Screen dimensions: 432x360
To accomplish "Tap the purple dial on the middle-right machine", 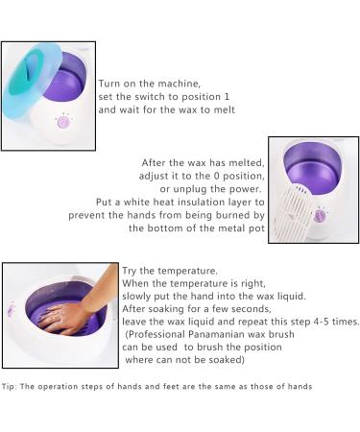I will [x=322, y=215].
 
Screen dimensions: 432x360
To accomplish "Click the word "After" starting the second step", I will [x=156, y=163].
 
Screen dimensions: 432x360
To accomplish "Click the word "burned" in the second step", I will [x=227, y=217].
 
